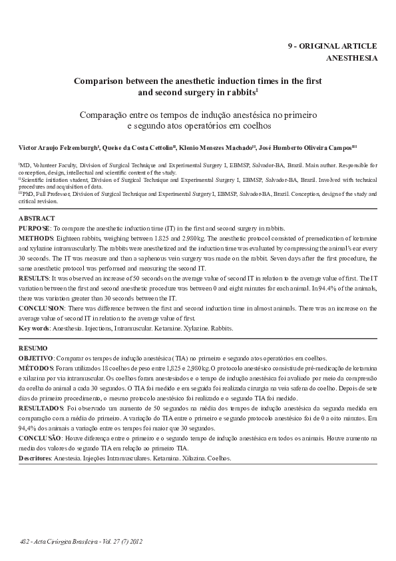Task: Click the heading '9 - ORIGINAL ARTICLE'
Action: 332,46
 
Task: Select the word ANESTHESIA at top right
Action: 351,58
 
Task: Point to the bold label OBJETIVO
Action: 36,358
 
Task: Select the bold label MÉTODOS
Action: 36,367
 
